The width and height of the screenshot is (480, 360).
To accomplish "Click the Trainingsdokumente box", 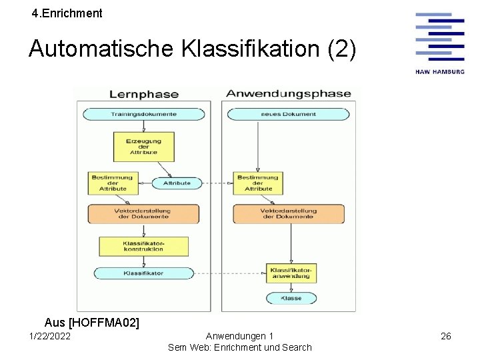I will [x=143, y=114].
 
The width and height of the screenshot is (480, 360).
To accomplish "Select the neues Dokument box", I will [x=288, y=114].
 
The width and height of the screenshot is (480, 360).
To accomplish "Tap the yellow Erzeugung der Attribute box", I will [x=143, y=146].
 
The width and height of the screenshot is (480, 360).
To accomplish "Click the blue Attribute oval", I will [x=177, y=183].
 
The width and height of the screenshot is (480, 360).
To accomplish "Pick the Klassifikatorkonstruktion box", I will [x=143, y=247].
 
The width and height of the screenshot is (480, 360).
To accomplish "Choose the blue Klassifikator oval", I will [x=143, y=273].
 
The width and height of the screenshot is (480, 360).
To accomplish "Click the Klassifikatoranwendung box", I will [x=291, y=273].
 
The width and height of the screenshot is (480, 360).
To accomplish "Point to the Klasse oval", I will [x=291, y=298].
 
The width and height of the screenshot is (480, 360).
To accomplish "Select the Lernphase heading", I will [x=143, y=94].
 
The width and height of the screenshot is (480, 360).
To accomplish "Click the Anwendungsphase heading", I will [x=288, y=93].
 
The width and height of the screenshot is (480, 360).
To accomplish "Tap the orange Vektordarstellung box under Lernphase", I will [x=143, y=213].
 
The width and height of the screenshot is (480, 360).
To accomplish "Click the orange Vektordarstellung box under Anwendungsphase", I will [x=288, y=213].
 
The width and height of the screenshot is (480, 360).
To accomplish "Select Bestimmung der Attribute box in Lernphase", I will [x=113, y=183].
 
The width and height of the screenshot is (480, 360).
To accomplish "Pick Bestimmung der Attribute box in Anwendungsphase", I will [x=258, y=183].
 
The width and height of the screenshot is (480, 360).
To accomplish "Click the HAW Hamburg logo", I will [x=439, y=43].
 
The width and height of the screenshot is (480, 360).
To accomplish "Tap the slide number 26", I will [x=446, y=336].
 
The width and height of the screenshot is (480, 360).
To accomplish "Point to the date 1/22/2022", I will [x=50, y=336].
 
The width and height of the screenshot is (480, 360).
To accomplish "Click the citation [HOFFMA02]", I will [x=103, y=323].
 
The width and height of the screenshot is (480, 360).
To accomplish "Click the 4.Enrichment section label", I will [x=67, y=13].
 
